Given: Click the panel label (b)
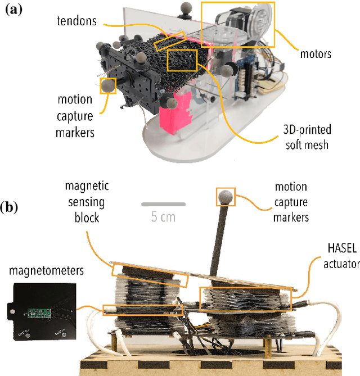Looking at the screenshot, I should [11, 207].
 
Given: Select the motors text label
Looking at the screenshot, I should [315, 55].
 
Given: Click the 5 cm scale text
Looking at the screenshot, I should [163, 217].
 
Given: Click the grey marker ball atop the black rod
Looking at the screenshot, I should [225, 196].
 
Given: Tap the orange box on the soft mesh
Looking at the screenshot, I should [182, 60].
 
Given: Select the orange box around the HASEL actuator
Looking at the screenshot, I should [246, 298].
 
